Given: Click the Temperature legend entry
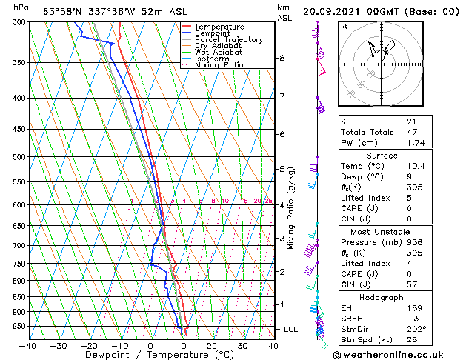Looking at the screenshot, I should [218, 27].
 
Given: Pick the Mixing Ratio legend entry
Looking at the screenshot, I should [219, 65].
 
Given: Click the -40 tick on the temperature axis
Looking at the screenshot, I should [28, 345].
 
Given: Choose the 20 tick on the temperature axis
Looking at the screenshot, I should [211, 345].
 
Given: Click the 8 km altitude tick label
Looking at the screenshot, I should [282, 58].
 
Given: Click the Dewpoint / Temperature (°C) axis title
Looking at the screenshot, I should [150, 355].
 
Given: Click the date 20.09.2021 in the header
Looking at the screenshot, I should [330, 10].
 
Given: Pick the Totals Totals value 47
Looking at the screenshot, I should [411, 132].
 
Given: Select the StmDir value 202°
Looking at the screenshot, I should [416, 328].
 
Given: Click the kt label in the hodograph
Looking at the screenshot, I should [344, 26].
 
